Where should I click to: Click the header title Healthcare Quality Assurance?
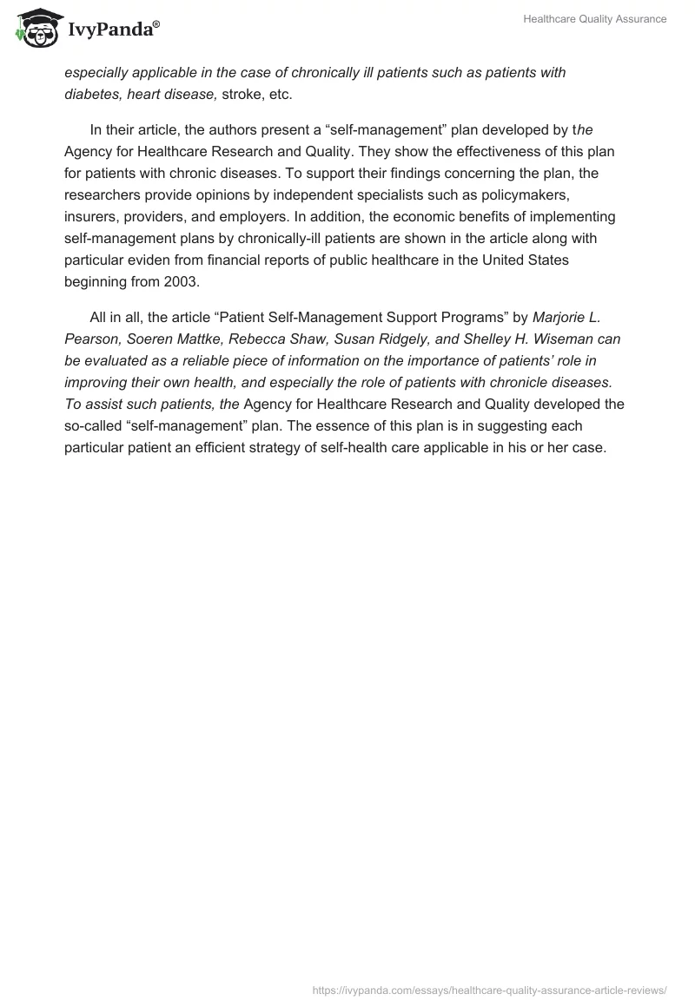point(594,19)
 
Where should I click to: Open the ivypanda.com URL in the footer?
point(489,990)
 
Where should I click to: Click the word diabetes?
point(93,95)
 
